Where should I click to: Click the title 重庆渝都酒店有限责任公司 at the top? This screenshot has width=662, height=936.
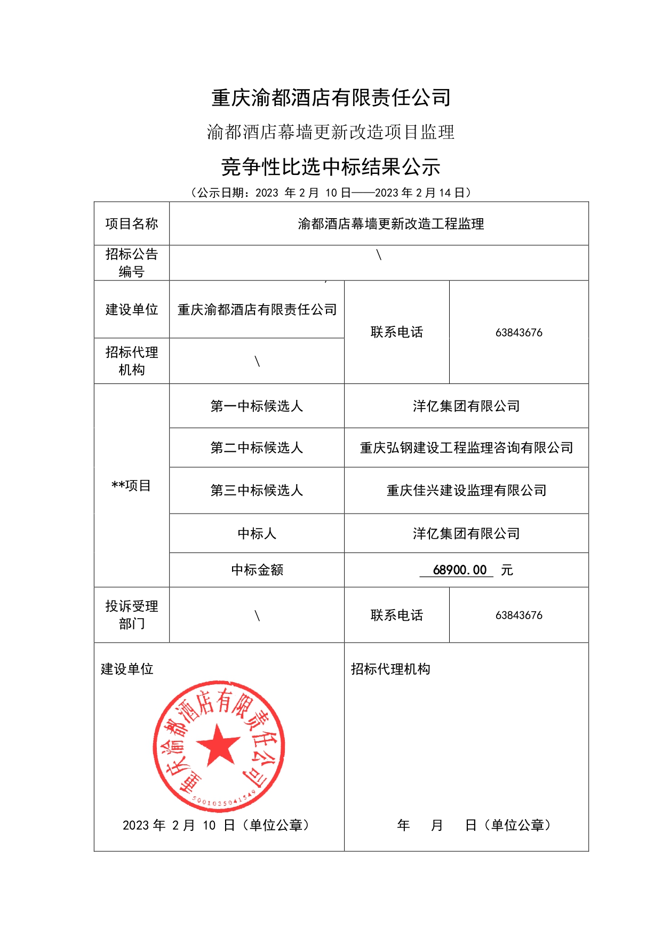tap(331, 98)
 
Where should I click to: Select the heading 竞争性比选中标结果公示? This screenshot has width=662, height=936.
tap(331, 167)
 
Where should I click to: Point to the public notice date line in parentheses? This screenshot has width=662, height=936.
tap(331, 193)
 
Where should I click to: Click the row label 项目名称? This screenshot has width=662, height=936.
tap(131, 223)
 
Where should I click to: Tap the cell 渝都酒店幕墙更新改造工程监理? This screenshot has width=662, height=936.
tap(390, 224)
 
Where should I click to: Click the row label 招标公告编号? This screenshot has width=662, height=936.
tap(131, 262)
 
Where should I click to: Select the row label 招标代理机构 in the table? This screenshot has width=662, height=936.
tap(131, 361)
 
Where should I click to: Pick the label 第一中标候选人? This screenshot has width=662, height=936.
tap(257, 406)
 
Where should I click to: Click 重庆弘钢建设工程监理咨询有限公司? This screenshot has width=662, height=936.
tap(466, 448)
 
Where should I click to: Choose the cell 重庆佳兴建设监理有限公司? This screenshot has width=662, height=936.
tap(466, 491)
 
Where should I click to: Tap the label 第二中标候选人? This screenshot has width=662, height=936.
tap(257, 448)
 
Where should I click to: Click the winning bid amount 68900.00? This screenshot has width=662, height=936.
tap(460, 570)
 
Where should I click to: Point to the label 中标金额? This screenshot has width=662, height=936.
tap(257, 570)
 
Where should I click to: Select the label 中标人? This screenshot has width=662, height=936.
tap(257, 533)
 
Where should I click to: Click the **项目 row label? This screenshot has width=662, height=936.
tap(131, 485)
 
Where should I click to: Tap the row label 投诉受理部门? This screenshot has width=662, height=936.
tap(131, 614)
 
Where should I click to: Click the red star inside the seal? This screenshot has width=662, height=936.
tap(218, 745)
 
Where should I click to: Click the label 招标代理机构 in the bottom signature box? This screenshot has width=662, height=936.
tap(390, 669)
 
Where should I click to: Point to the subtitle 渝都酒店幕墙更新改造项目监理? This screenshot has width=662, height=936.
tap(331, 132)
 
